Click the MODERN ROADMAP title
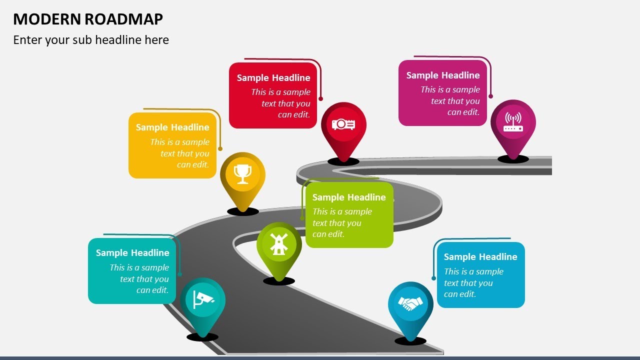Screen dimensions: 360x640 click(88, 19)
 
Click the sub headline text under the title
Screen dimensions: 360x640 click(91, 40)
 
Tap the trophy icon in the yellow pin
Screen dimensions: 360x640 click(242, 174)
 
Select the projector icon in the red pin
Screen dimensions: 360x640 click(343, 124)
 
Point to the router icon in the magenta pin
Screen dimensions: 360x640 click(513, 122)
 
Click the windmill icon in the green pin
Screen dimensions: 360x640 click(279, 244)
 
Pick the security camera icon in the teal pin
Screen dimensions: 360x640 click(202, 299)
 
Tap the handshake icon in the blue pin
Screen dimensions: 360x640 click(410, 303)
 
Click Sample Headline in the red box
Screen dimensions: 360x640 click(273, 77)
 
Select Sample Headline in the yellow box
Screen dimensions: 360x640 click(172, 127)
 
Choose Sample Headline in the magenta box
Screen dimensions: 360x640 click(443, 75)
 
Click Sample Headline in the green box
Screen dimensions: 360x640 click(349, 197)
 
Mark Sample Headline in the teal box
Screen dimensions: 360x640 click(132, 252)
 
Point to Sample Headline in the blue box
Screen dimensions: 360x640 click(480, 256)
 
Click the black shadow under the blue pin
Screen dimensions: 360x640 click(410, 341)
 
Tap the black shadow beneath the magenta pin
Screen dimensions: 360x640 click(513, 159)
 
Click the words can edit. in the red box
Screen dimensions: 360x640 click(294, 114)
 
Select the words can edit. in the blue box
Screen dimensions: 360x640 click(460, 294)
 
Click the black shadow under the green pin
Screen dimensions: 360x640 click(279, 281)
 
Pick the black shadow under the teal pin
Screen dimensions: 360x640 click(202, 337)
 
